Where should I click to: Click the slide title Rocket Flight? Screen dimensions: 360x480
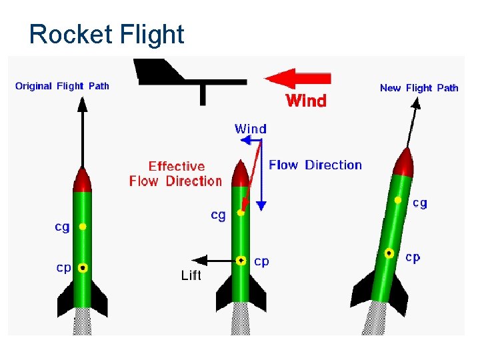(x=107, y=34)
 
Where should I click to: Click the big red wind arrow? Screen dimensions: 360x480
(x=298, y=78)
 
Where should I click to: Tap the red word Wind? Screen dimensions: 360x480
(x=306, y=101)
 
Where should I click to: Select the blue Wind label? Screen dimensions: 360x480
(x=251, y=129)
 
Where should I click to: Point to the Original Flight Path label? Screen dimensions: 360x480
(x=62, y=86)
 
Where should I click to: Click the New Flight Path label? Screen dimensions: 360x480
(x=419, y=87)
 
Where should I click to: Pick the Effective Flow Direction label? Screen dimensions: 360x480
(x=175, y=173)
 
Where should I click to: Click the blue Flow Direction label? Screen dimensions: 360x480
(x=315, y=165)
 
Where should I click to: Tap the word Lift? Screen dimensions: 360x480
(x=191, y=275)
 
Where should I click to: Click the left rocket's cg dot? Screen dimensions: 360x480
(x=83, y=227)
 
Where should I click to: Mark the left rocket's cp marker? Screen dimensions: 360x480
(x=83, y=267)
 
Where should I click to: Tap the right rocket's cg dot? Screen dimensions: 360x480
(x=398, y=200)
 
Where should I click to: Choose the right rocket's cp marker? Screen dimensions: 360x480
(x=389, y=253)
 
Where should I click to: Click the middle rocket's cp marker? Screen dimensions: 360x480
(x=241, y=260)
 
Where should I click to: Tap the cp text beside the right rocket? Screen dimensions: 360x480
(x=413, y=257)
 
